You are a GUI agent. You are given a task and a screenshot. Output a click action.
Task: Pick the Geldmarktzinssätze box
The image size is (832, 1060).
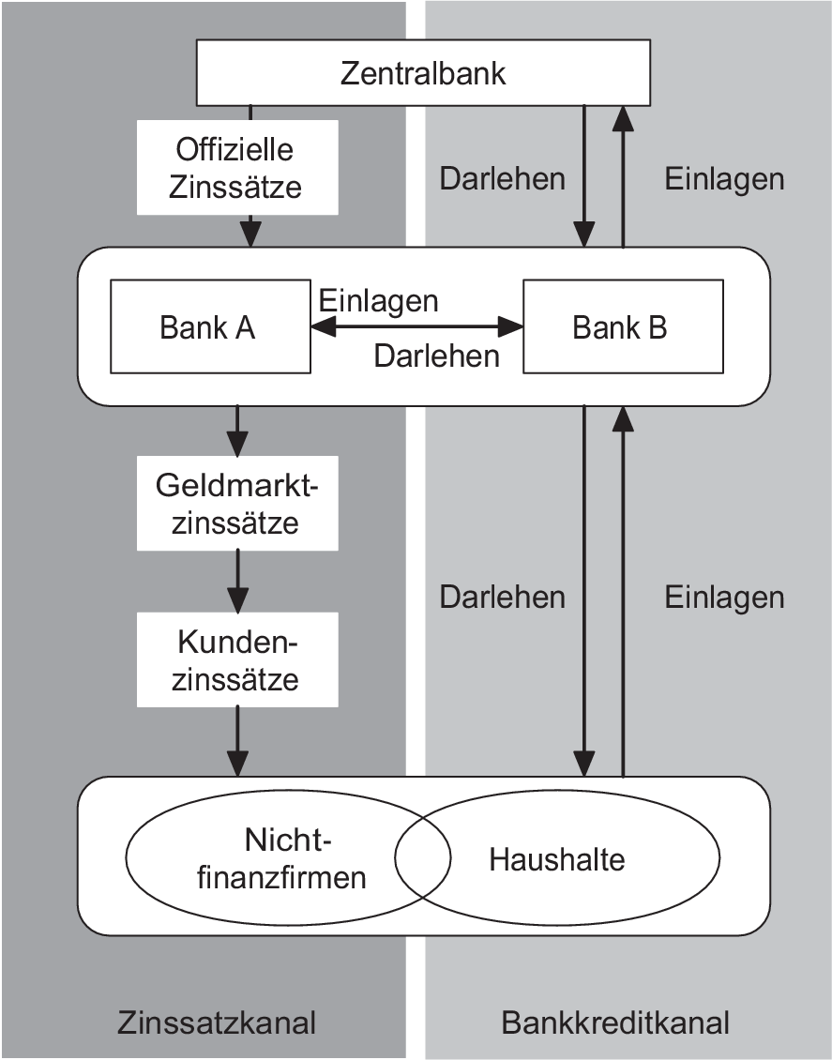237,504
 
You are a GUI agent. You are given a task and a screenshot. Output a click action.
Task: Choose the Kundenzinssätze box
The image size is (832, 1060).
237,660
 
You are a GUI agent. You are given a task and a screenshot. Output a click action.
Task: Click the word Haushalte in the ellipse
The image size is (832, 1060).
556,858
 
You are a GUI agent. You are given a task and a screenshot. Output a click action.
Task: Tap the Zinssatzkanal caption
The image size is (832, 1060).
217,1022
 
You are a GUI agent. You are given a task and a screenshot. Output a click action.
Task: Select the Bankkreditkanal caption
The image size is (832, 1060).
616,1022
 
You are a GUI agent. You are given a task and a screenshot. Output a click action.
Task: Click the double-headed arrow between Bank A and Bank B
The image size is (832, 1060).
416,326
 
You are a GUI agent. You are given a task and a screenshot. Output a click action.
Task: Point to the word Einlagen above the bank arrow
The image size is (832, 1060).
378,300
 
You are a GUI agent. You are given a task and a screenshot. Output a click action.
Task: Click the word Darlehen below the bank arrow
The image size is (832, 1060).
436,356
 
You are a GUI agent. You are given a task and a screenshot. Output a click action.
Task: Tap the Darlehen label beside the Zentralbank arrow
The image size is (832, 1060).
503,178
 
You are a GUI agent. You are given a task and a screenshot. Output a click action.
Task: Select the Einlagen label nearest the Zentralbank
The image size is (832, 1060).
724,178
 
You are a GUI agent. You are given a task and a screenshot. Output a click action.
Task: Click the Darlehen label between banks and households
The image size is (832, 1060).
503,597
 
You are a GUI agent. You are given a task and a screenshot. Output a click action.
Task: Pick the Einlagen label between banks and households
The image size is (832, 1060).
724,597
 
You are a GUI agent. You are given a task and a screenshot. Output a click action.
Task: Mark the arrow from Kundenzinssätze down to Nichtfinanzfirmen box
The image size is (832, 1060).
238,741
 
